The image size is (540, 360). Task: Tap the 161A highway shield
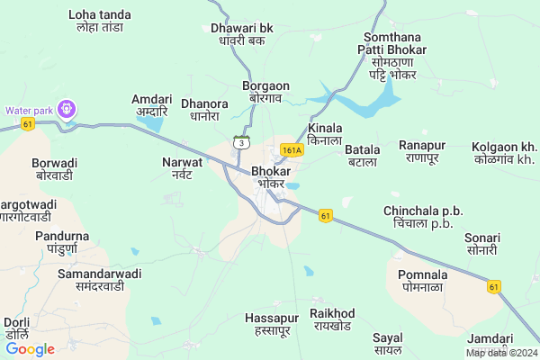[291, 150]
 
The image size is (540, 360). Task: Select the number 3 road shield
[240, 142]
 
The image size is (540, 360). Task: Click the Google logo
[30, 349]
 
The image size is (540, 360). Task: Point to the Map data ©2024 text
[501, 353]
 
